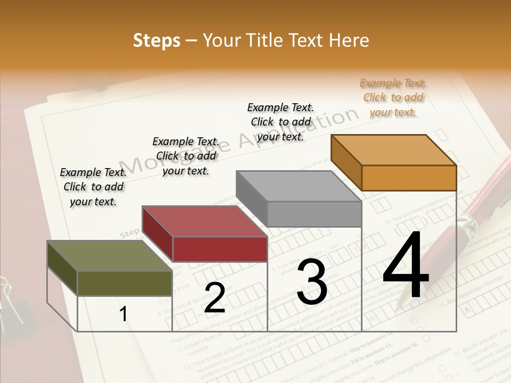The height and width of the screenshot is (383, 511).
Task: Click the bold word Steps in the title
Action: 156,40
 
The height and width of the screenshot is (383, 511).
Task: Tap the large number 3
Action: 312,281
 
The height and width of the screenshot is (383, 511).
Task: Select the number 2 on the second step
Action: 215,298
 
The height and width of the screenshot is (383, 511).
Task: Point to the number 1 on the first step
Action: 123,314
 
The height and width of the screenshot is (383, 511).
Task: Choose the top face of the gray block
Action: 299,186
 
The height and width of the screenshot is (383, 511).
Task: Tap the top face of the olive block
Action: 110,256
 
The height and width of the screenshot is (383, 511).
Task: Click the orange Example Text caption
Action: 393,97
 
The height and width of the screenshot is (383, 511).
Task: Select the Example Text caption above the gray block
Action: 281,122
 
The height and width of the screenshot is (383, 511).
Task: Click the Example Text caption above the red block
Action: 186,156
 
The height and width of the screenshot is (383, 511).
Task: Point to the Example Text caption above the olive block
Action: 93,187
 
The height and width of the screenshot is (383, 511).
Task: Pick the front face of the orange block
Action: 409,178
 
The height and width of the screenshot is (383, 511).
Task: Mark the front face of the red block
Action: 220,249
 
